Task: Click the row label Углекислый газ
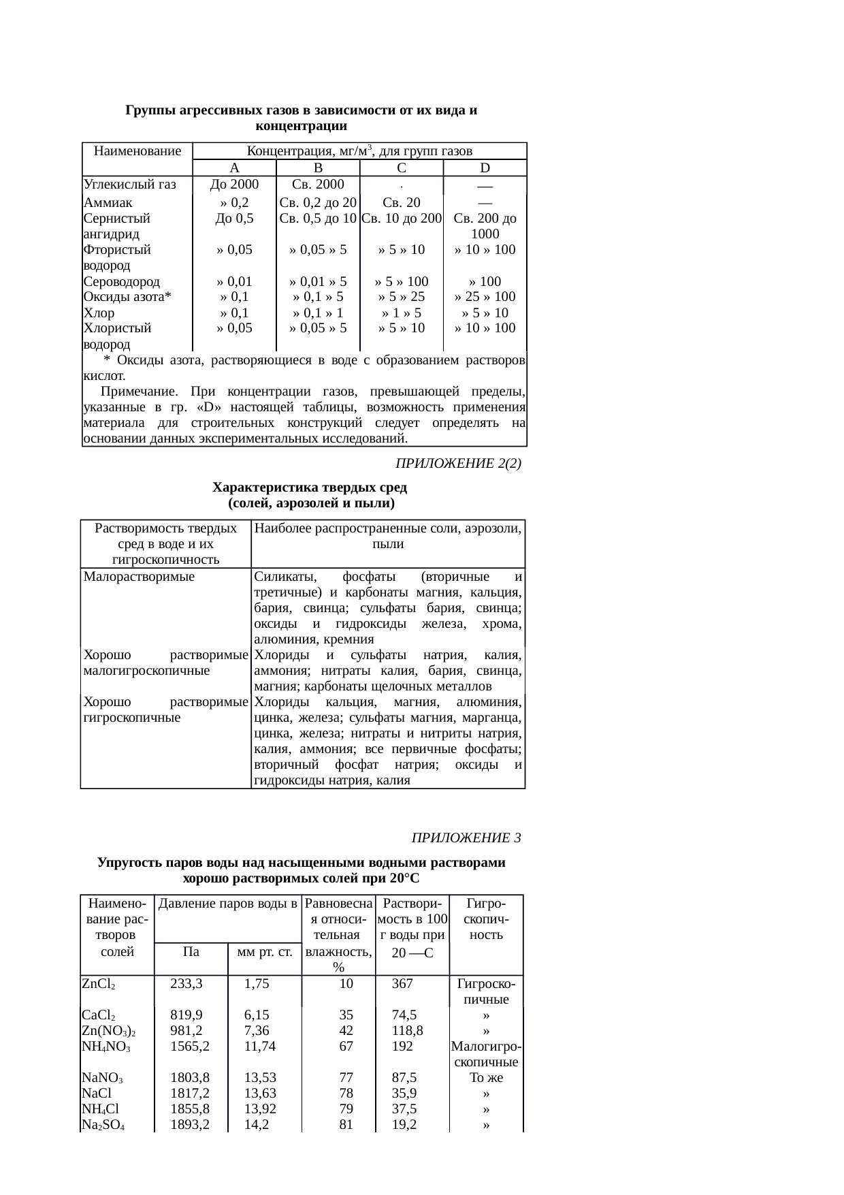pyautogui.click(x=129, y=184)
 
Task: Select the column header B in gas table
pyautogui.click(x=317, y=168)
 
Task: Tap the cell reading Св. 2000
pyautogui.click(x=317, y=184)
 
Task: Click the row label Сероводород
pyautogui.click(x=121, y=281)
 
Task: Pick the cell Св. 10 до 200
pyautogui.click(x=402, y=219)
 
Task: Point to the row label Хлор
pyautogui.click(x=99, y=313)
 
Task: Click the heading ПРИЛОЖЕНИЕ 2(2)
pyautogui.click(x=458, y=464)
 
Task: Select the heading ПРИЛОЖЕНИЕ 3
pyautogui.click(x=466, y=837)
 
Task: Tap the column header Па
pyautogui.click(x=191, y=951)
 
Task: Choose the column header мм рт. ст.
pyautogui.click(x=264, y=951)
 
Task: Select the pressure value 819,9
pyautogui.click(x=186, y=1015)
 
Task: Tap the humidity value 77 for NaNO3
pyautogui.click(x=346, y=1078)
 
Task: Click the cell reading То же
pyautogui.click(x=486, y=1078)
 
